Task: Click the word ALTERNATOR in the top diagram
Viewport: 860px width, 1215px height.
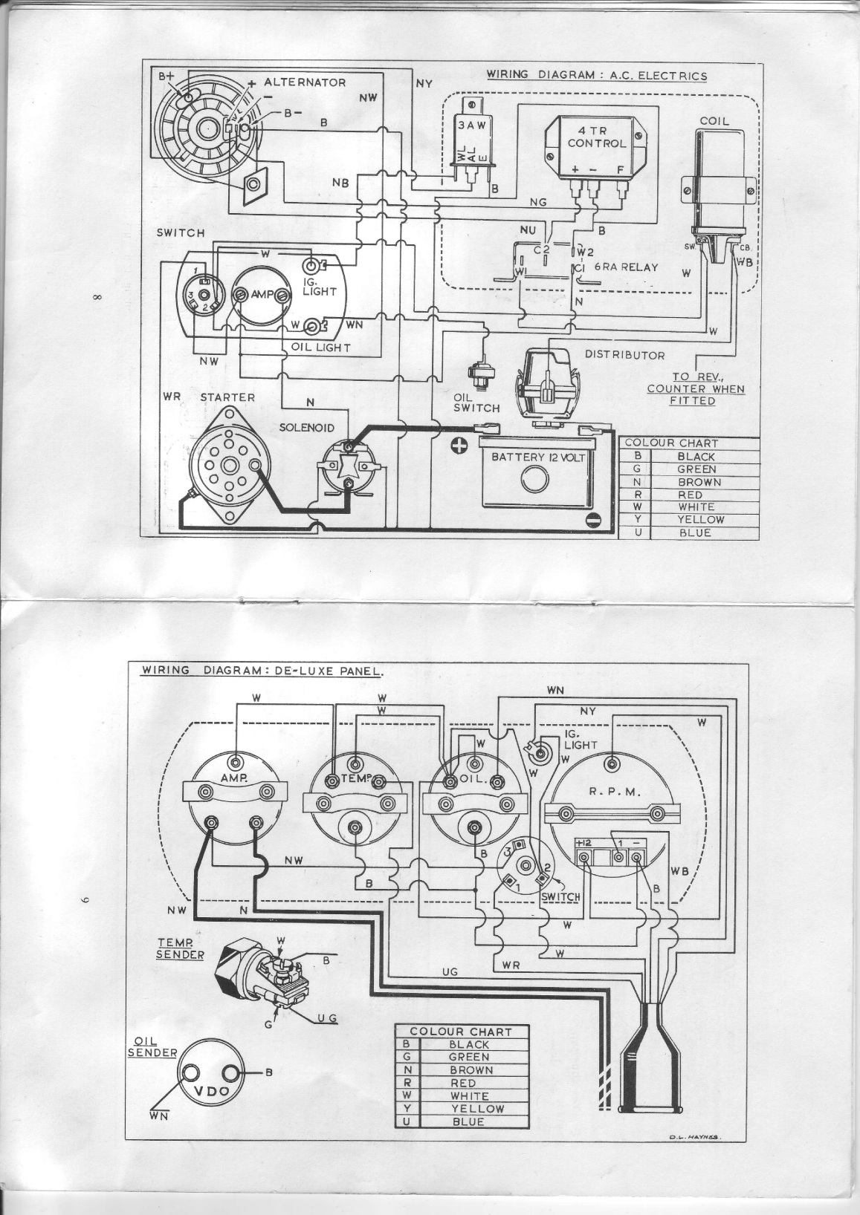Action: click(305, 82)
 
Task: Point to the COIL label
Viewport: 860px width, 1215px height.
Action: click(714, 120)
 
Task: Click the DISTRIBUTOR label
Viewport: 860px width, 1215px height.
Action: click(625, 355)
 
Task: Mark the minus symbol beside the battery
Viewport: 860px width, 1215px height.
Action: click(592, 519)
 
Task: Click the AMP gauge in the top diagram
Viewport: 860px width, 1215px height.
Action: click(261, 295)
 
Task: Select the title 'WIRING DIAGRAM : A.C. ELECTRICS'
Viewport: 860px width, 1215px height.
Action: click(597, 75)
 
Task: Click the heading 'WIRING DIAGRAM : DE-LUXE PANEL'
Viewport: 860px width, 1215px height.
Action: click(262, 670)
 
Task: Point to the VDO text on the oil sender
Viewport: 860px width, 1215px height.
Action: click(210, 1091)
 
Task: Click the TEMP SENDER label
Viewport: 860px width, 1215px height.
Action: click(179, 948)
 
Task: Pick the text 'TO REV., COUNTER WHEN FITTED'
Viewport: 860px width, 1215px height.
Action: click(696, 388)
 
